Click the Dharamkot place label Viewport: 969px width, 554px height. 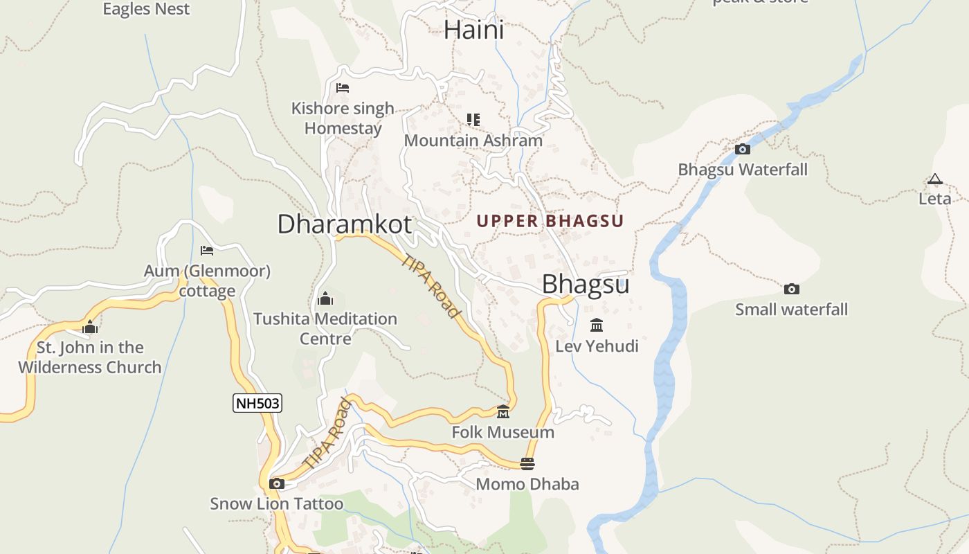(x=344, y=224)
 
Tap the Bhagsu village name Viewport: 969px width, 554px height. (x=585, y=285)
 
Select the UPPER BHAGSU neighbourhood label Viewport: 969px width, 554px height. (x=550, y=221)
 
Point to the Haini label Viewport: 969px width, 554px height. (x=473, y=30)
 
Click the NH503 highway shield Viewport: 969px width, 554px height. (x=257, y=403)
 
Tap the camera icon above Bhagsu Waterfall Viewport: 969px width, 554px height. (x=743, y=149)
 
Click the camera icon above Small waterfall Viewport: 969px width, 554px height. (x=791, y=289)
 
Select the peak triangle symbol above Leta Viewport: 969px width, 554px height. (x=935, y=179)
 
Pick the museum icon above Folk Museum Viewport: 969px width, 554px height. (x=503, y=412)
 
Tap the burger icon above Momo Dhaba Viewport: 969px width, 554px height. (x=527, y=463)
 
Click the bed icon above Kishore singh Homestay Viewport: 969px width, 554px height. (x=342, y=88)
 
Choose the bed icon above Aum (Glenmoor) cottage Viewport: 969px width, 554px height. (x=206, y=250)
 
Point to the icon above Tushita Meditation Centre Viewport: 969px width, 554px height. (x=325, y=298)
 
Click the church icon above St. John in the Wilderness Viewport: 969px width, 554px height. (x=89, y=327)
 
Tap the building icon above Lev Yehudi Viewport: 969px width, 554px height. (x=597, y=325)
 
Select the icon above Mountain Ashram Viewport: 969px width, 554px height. (x=473, y=120)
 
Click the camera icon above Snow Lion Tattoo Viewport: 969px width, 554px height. (x=277, y=483)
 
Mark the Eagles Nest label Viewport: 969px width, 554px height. (x=146, y=9)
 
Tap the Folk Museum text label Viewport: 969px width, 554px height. (x=503, y=432)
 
